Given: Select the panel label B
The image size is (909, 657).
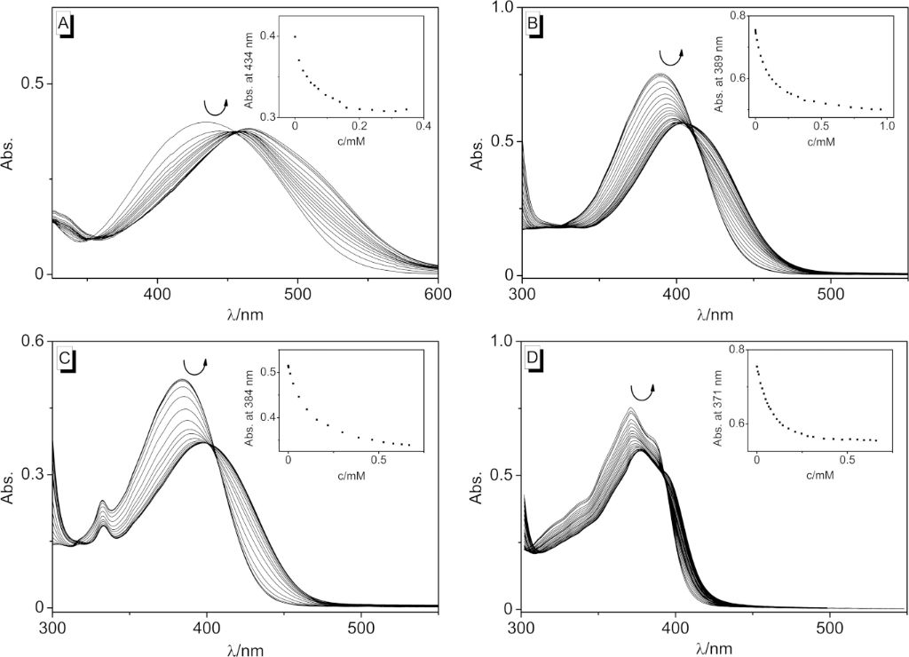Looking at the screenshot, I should click(x=533, y=24).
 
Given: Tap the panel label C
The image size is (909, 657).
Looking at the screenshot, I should click(x=64, y=359).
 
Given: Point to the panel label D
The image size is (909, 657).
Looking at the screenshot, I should click(x=533, y=358).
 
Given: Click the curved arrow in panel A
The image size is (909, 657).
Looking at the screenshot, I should click(x=215, y=107).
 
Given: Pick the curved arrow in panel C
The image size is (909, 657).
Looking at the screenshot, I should click(x=194, y=365).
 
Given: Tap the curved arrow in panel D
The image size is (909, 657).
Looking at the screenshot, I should click(x=642, y=391).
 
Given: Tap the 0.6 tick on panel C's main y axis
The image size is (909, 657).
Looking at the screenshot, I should click(x=37, y=341).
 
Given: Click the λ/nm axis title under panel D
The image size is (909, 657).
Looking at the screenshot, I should click(x=714, y=647).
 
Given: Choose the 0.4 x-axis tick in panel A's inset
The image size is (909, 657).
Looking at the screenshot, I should click(x=423, y=127).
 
